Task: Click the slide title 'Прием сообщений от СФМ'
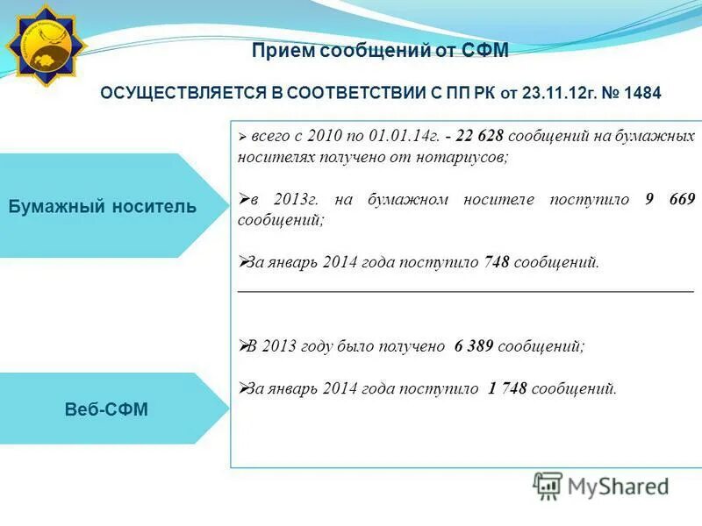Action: (380, 52)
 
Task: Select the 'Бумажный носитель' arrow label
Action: (103, 206)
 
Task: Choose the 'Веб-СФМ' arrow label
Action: (106, 409)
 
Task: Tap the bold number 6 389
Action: (474, 346)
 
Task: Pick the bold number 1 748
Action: (506, 388)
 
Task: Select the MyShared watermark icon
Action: (548, 486)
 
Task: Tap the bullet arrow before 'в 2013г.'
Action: (243, 199)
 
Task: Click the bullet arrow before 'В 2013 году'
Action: (243, 345)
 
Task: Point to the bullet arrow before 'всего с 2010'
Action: (242, 138)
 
